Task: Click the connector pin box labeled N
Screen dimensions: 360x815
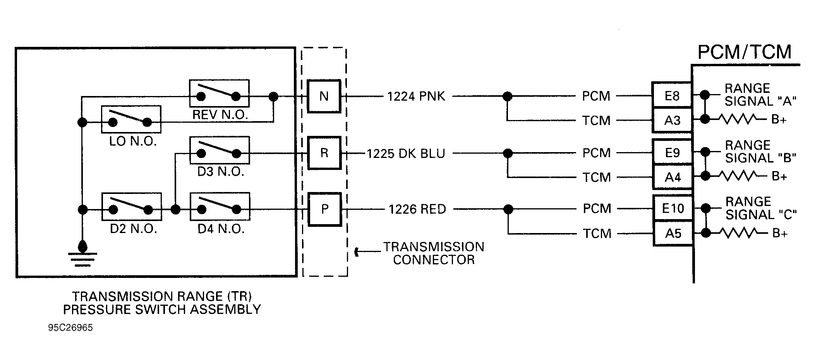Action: [x=324, y=96]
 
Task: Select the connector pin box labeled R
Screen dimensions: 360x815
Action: [x=324, y=153]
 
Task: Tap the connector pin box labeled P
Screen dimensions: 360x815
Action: [x=324, y=209]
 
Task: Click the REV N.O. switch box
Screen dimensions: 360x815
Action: [x=219, y=93]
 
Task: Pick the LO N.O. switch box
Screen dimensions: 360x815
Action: [x=131, y=120]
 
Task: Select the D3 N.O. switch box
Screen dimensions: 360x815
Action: [x=220, y=150]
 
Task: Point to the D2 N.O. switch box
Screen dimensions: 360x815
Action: [x=131, y=206]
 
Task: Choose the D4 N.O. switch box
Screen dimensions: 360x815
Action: [x=220, y=206]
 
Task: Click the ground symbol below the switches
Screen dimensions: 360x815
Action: [x=82, y=255]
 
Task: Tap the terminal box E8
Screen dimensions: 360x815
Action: [x=672, y=96]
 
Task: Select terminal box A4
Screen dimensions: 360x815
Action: [x=673, y=177]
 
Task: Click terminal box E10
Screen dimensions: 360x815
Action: [x=673, y=209]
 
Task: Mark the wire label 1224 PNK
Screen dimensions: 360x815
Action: [x=416, y=96]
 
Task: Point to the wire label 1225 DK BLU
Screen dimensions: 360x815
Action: [x=406, y=153]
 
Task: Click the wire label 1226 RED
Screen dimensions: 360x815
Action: [x=417, y=209]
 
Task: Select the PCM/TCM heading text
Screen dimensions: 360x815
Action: [x=744, y=52]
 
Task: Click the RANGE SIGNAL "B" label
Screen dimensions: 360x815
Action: [x=760, y=151]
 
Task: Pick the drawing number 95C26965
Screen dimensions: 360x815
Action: [x=70, y=328]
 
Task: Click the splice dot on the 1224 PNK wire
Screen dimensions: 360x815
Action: [x=507, y=96]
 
